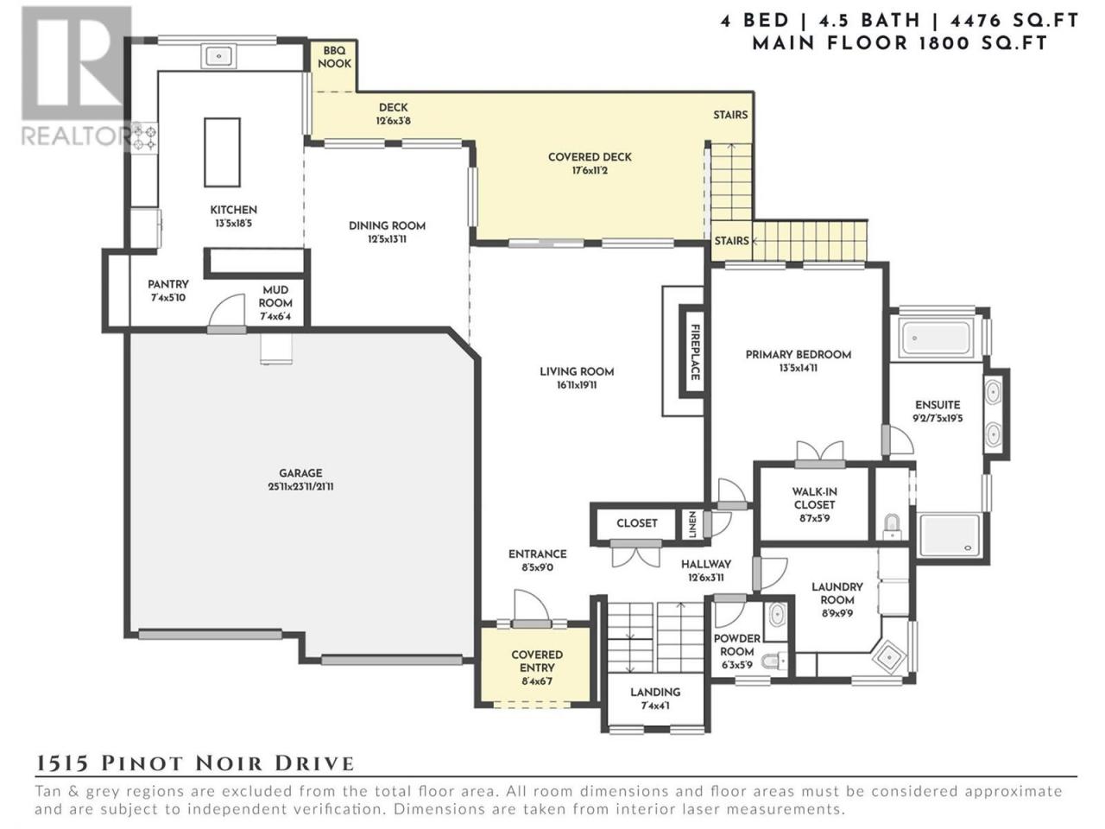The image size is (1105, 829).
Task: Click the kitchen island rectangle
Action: [222, 152]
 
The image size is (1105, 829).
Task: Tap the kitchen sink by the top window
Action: [218, 55]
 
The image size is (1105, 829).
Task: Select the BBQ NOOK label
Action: [334, 57]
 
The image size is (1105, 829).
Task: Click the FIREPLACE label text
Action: [695, 351]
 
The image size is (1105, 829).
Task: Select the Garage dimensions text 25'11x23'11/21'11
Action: [300, 487]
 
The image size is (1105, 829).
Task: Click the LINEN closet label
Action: [691, 524]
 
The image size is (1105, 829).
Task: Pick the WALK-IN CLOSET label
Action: [814, 497]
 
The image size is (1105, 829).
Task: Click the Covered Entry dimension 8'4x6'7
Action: [537, 681]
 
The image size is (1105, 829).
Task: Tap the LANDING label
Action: [655, 692]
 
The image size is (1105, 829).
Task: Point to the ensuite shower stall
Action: [949, 535]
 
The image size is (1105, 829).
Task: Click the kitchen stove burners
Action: [146, 138]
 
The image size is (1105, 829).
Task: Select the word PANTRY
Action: [168, 284]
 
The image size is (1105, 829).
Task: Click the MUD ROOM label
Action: [275, 296]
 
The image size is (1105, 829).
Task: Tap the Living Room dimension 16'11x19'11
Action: [577, 385]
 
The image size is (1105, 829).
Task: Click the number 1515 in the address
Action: [61, 763]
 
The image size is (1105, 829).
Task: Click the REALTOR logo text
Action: [75, 136]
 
